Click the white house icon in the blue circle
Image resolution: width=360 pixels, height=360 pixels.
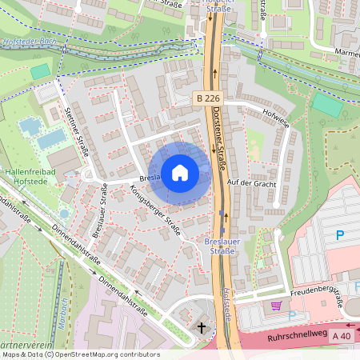point(180,172)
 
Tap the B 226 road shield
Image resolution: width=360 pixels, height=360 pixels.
point(206,98)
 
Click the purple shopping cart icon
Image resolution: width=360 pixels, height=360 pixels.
point(276,306)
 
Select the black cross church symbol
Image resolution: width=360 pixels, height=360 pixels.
point(202,327)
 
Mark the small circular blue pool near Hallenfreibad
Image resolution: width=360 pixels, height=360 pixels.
point(64,214)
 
